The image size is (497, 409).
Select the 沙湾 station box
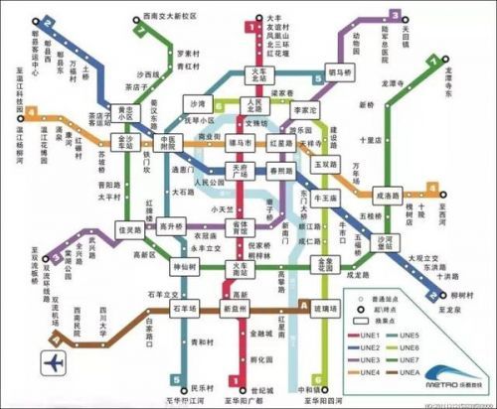pos(198,103)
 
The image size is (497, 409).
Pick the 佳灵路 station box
pos(131,227)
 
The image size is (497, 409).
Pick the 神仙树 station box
pos(183,268)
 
